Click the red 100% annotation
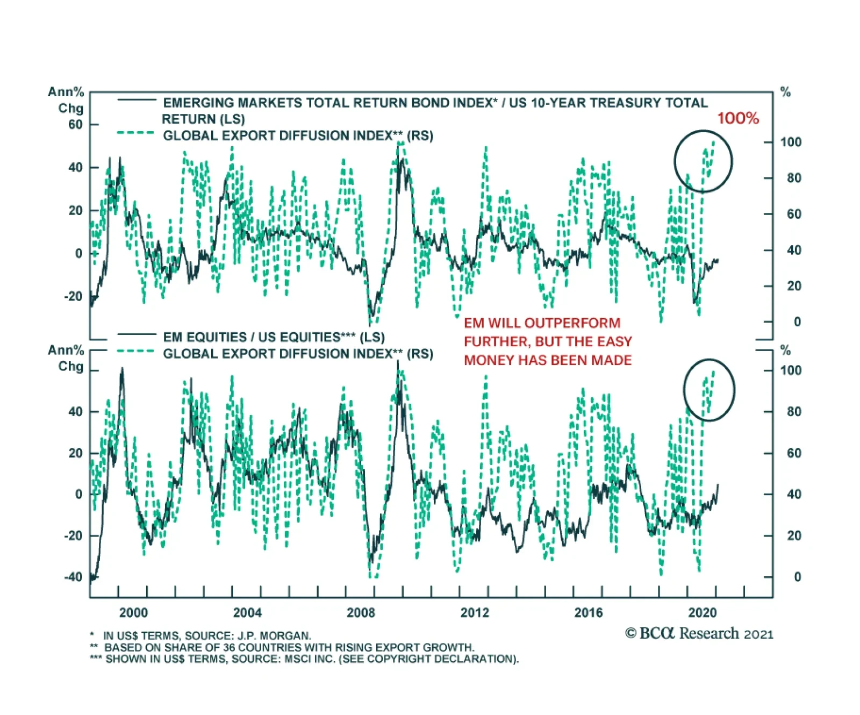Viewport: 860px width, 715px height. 737,118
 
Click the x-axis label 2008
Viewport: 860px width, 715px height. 361,613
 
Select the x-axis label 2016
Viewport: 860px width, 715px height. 589,613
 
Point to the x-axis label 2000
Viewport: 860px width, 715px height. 133,613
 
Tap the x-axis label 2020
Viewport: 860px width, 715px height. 702,613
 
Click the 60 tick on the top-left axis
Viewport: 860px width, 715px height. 75,125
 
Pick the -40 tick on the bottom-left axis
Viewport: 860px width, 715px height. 73,577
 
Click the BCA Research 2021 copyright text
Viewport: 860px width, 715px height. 699,634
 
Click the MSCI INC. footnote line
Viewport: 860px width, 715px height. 312,659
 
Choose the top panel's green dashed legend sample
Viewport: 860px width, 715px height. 135,133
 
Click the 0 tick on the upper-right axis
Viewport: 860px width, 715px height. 797,322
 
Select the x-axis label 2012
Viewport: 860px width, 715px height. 475,613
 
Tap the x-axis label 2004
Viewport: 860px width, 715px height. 247,613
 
